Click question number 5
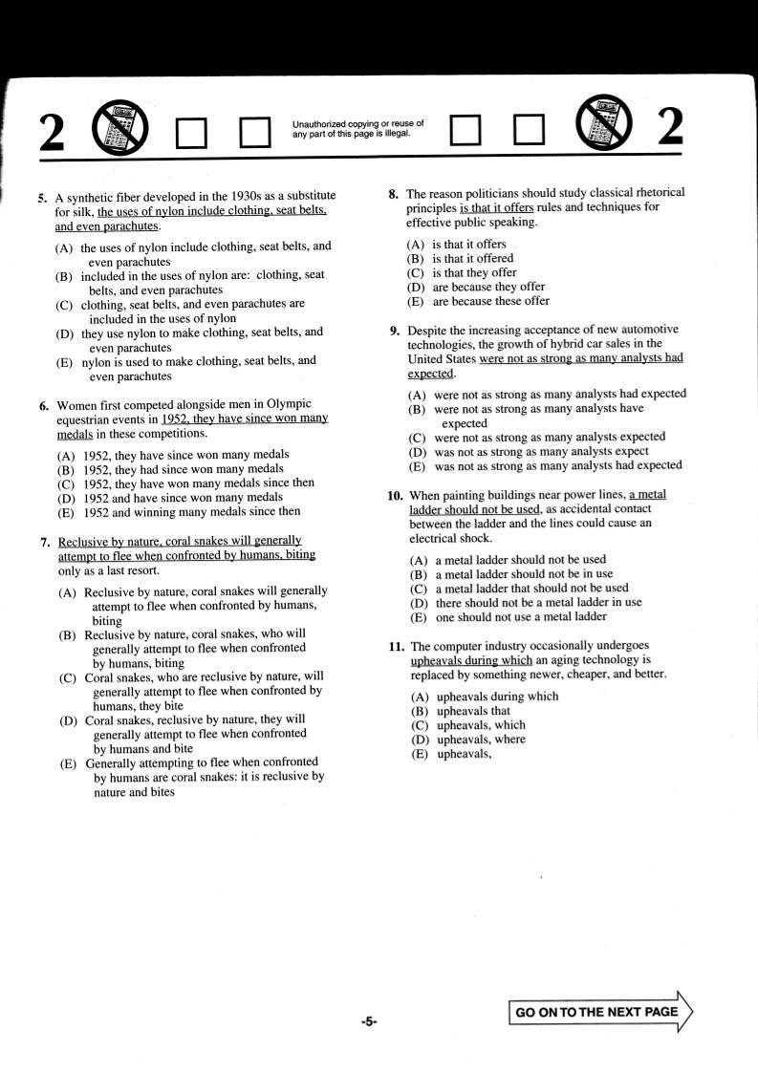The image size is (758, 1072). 42,199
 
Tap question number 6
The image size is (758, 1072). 44,405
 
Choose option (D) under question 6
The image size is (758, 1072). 66,498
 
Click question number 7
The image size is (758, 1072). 45,542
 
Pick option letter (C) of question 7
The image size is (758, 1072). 68,678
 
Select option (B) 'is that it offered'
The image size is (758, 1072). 416,259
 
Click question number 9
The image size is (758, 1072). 394,331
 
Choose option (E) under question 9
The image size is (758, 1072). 417,466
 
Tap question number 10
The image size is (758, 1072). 395,496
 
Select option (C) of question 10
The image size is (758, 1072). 418,589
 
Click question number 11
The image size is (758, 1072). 396,646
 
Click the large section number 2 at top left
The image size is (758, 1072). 53,132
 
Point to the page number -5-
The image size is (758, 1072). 369,1021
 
